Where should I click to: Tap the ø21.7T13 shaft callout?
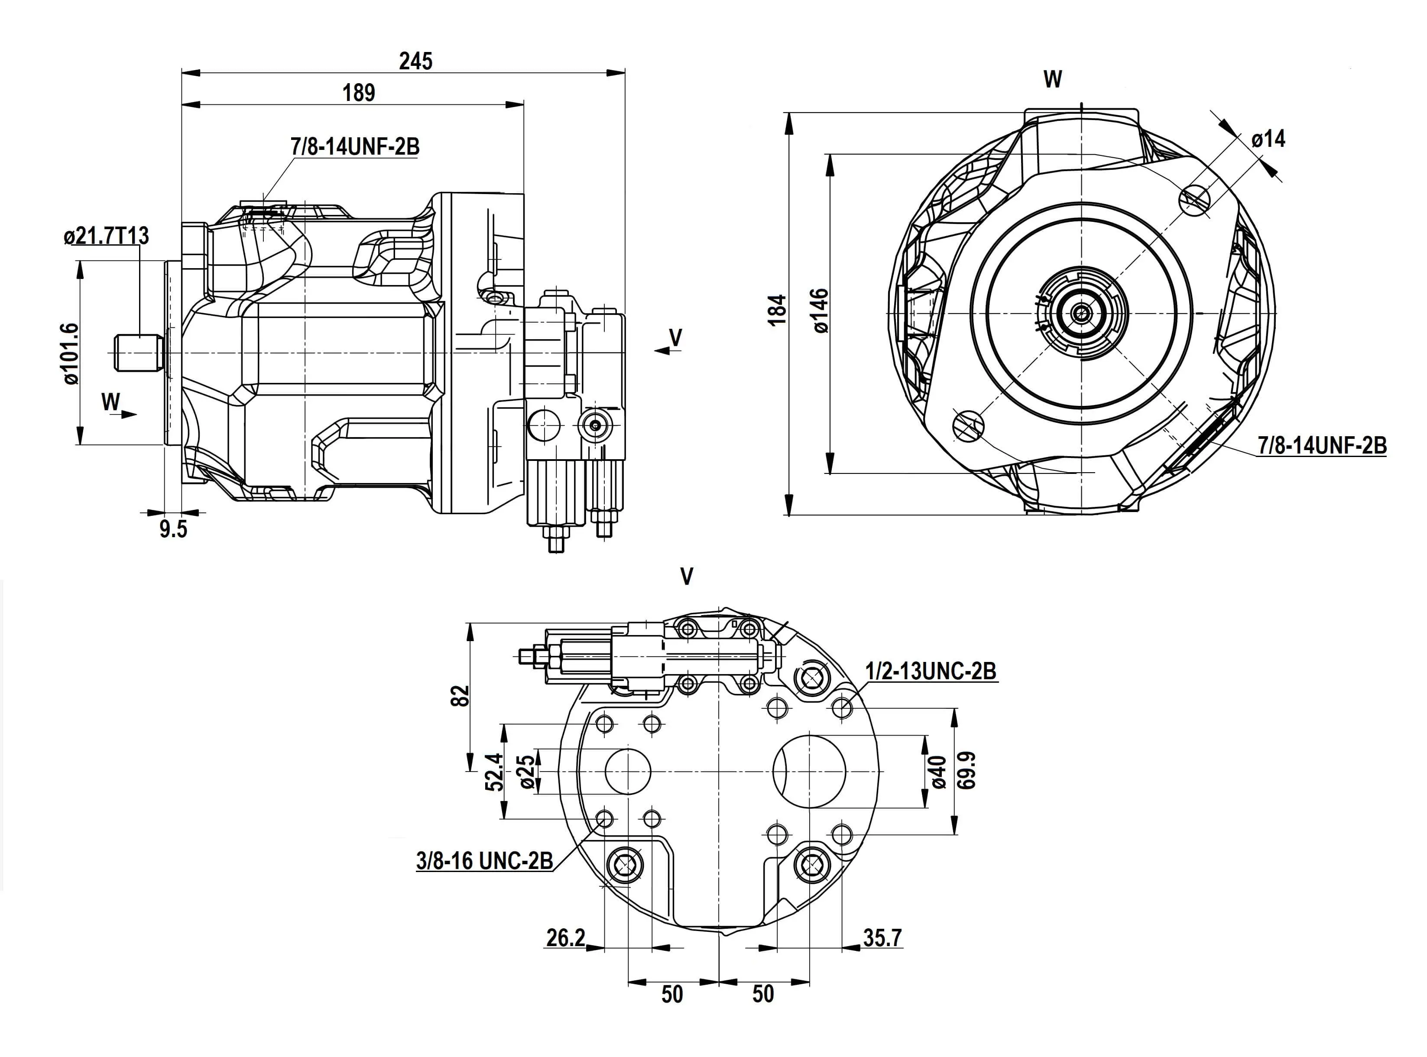point(106,236)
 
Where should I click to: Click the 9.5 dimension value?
point(173,529)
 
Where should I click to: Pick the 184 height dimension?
point(777,310)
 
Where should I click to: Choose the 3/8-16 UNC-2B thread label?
point(484,861)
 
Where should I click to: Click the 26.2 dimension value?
point(566,937)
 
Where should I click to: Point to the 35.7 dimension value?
point(882,937)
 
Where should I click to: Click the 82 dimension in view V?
point(460,695)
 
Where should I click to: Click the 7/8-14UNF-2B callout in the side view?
point(355,146)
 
